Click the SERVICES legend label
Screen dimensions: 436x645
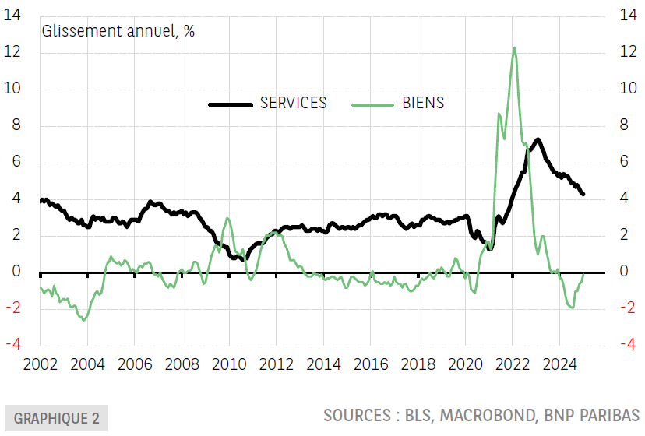(x=294, y=104)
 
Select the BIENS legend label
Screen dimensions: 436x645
(x=423, y=104)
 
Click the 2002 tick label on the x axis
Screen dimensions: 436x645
(x=39, y=364)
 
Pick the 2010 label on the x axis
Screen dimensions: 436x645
(x=229, y=364)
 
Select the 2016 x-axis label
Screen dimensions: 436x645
(x=371, y=364)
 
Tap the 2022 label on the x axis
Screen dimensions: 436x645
(x=513, y=364)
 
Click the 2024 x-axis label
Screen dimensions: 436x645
(x=560, y=364)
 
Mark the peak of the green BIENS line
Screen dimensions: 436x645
(x=514, y=48)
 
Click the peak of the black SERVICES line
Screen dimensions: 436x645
(x=538, y=140)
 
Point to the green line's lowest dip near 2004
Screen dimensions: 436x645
(x=84, y=319)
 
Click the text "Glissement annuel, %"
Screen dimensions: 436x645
(x=118, y=32)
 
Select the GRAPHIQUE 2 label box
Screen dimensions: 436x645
(x=57, y=418)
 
